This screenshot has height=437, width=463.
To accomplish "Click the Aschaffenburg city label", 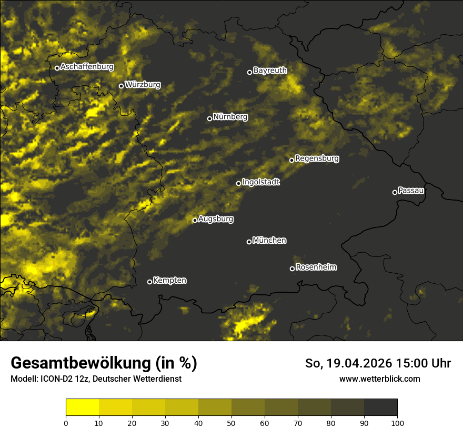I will tap(87, 67).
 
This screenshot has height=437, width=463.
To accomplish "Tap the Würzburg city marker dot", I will tap(121, 86).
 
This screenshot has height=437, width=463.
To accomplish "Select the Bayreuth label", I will tap(270, 70).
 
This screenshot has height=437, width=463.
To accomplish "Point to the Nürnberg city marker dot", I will tap(209, 118).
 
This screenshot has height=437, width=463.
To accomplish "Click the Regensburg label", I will tap(317, 158).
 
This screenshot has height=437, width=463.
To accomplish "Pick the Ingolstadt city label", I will tap(261, 182).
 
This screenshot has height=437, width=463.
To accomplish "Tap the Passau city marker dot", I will tap(395, 192).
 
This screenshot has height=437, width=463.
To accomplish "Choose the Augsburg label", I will tap(216, 219).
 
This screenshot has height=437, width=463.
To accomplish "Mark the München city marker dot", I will tap(249, 242).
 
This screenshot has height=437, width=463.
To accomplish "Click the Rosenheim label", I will tap(316, 267).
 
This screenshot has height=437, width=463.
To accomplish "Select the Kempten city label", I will tap(169, 280).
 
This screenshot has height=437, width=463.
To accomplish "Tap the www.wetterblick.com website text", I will tap(379, 379).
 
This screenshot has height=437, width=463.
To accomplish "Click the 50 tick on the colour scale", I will tap(231, 422).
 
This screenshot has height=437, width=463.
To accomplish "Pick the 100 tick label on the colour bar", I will tap(397, 422).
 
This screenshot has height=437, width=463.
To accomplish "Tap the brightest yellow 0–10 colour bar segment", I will tap(82, 408).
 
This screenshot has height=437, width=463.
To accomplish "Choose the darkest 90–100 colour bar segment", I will tap(380, 408).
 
